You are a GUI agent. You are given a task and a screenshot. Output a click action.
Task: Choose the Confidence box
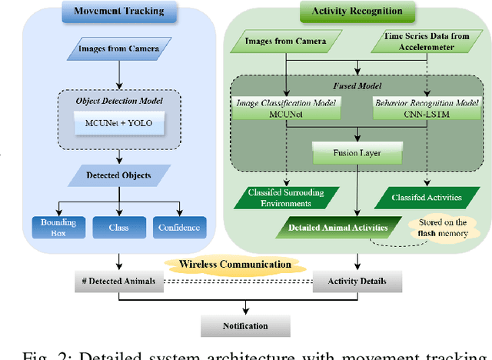(x=180, y=227)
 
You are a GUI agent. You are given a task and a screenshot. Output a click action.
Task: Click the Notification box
(x=246, y=325)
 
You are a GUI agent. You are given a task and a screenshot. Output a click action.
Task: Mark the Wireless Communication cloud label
(x=235, y=265)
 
